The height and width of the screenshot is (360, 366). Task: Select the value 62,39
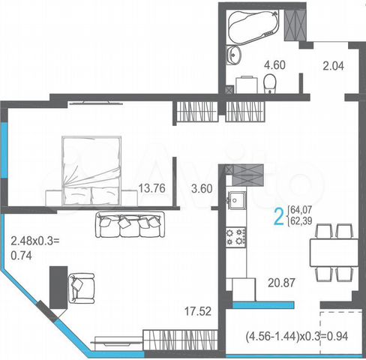pos(302,223)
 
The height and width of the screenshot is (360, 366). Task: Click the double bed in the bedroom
pos(91,169)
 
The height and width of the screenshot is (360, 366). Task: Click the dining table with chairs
pos(332,251)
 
